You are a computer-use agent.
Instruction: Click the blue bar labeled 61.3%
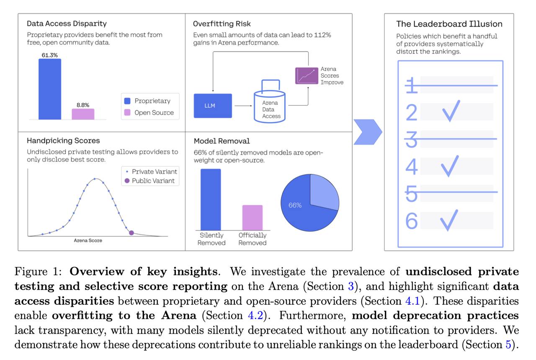click(50, 89)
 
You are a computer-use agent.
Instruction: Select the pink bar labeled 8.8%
click(83, 114)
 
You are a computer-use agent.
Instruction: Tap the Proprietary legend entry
click(147, 101)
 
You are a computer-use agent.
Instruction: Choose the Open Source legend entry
click(149, 113)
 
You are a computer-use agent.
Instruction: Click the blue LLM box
click(213, 106)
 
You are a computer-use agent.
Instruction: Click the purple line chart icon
click(307, 76)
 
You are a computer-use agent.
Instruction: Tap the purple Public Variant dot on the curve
click(131, 233)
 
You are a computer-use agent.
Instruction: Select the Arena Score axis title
click(88, 241)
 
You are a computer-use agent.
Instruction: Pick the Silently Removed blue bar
click(211, 199)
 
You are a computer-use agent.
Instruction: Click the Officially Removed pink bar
click(253, 218)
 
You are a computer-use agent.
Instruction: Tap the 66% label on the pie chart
click(295, 205)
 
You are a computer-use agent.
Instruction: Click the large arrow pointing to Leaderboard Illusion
click(368, 132)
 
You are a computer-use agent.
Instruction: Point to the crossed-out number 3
click(411, 139)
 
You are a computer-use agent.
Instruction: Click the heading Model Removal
click(222, 141)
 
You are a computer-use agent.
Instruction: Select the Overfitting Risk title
click(222, 24)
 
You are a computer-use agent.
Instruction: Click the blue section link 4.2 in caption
click(255, 316)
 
